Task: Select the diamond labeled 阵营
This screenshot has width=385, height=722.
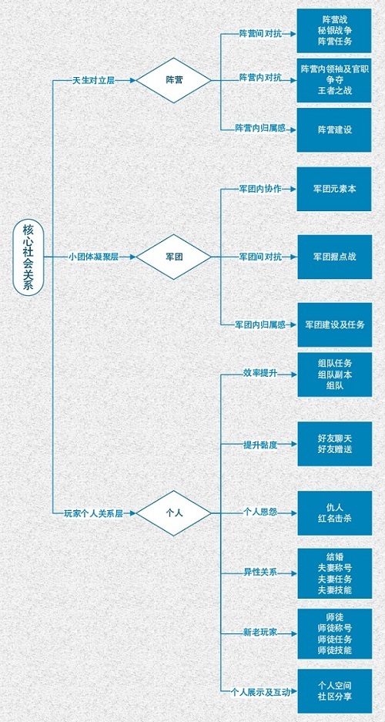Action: (x=174, y=80)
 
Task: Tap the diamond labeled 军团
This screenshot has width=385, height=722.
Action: (x=174, y=257)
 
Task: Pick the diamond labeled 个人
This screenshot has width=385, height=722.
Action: (x=174, y=513)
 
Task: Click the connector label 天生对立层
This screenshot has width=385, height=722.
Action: (x=93, y=80)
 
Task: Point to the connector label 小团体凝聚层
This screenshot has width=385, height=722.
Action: (x=94, y=257)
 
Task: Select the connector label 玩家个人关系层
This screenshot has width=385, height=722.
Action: (x=94, y=513)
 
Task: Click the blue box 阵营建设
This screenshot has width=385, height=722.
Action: (x=334, y=130)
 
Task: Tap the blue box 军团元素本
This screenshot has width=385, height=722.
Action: (x=334, y=190)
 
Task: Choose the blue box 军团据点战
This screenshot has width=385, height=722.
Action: (x=334, y=257)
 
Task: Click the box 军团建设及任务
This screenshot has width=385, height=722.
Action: (x=334, y=324)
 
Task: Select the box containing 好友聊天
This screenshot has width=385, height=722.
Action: (x=334, y=444)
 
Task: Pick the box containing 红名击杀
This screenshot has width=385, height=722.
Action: (x=334, y=513)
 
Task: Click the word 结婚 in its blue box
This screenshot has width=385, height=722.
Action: (x=334, y=556)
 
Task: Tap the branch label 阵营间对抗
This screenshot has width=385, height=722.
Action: (x=260, y=34)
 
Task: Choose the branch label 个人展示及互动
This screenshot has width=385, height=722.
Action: (x=261, y=692)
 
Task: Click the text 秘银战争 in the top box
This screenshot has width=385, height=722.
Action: (x=334, y=31)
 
